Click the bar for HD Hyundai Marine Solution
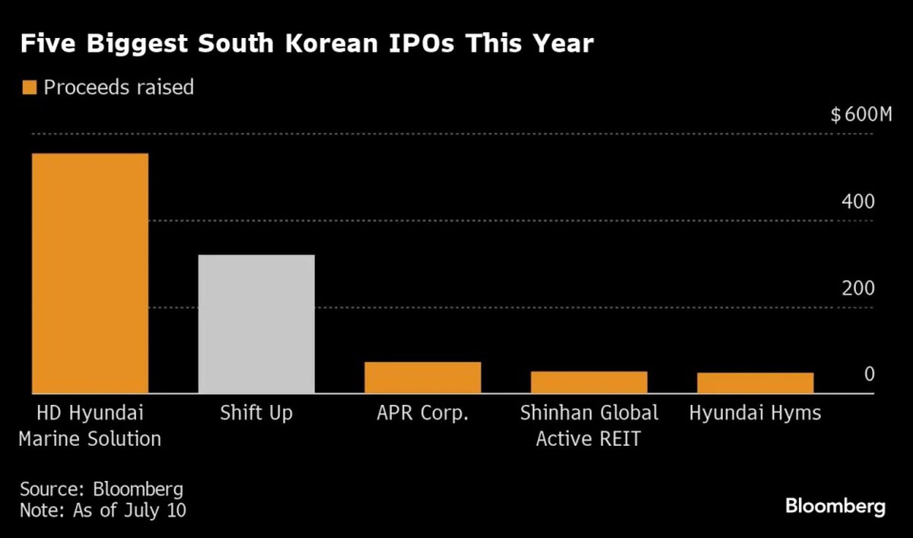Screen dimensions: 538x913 click(x=90, y=273)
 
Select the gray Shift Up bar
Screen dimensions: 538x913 click(x=256, y=324)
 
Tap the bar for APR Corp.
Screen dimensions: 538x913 click(x=422, y=377)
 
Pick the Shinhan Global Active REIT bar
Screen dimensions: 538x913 click(x=589, y=382)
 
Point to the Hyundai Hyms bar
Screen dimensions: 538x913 click(x=756, y=383)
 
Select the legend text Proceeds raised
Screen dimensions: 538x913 click(x=119, y=88)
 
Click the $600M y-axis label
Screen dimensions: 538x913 click(x=861, y=116)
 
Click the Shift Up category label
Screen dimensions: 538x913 click(x=256, y=413)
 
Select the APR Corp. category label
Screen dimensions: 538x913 click(x=422, y=413)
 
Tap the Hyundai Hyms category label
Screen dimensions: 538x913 click(x=756, y=413)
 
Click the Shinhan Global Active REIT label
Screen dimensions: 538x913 click(x=589, y=425)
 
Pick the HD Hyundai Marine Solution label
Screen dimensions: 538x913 click(x=90, y=425)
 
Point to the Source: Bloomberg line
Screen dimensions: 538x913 click(x=101, y=488)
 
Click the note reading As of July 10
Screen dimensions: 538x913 click(x=103, y=509)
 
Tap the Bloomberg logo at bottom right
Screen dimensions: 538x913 click(x=835, y=506)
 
